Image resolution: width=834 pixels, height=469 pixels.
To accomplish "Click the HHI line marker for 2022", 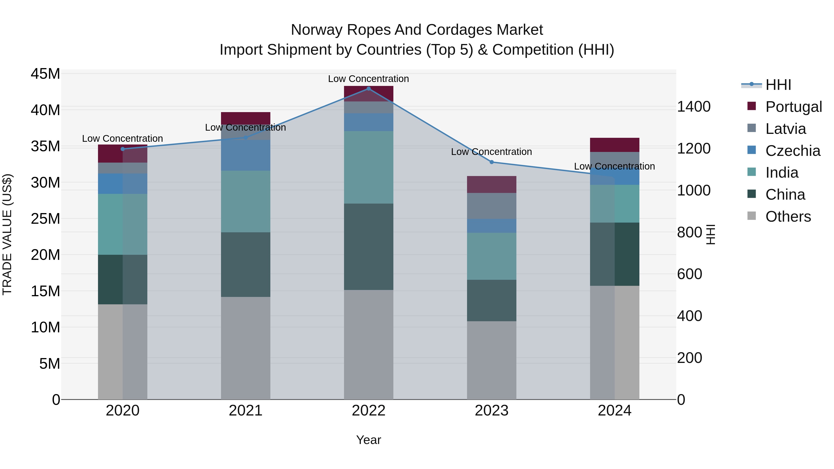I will point(368,89).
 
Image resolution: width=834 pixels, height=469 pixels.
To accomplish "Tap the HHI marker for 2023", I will point(491,162).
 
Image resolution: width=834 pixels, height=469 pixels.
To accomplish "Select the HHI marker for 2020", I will point(123,149).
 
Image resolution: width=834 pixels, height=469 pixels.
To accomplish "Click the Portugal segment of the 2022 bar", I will point(368,94).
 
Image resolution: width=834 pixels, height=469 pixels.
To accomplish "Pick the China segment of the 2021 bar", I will point(245,264).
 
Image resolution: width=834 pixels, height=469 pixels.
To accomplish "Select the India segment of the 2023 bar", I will point(491,256).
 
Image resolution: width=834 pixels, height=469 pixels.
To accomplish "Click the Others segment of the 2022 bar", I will point(368,344).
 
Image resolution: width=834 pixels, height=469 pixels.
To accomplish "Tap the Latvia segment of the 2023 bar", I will point(491,206).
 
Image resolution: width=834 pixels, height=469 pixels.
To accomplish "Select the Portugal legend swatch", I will point(752,106).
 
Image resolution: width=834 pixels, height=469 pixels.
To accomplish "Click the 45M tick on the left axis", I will point(45,74).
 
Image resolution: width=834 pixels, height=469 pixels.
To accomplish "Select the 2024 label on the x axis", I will point(614,411).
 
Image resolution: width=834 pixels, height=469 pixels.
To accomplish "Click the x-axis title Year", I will point(368,440).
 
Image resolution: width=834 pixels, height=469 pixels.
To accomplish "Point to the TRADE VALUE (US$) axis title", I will point(7,234).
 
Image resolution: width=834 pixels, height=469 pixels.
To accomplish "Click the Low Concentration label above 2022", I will point(368,79).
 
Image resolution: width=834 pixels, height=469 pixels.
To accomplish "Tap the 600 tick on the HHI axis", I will point(690,274).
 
